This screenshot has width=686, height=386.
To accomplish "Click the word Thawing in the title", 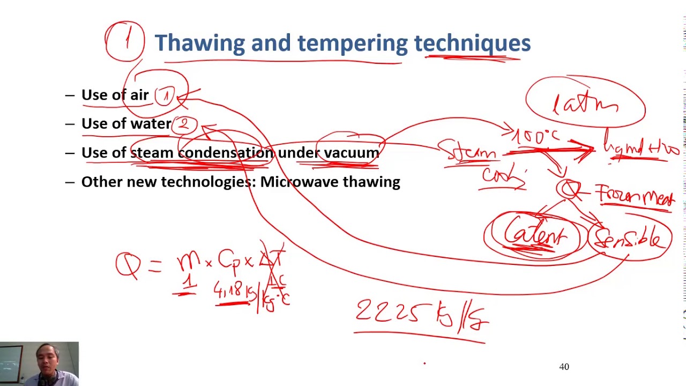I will coord(199,43).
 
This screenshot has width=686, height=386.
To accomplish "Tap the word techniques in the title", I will coord(472,43).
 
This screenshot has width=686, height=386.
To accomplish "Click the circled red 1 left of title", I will coord(125,41).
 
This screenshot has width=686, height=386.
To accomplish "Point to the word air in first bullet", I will coord(139,95).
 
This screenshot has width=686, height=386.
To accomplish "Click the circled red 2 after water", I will coord(184,124).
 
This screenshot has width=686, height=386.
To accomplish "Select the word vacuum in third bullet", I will coord(351,153).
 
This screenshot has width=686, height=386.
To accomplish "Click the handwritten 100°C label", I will coord(535,137).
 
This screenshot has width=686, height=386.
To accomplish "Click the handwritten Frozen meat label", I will coord(635,195).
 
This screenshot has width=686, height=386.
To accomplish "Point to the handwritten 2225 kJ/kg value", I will coord(421,313).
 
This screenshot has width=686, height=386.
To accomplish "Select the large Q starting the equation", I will coord(128,264).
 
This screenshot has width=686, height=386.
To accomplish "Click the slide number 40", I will coord(564,367).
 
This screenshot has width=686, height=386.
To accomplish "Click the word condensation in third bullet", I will coord(225,153).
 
